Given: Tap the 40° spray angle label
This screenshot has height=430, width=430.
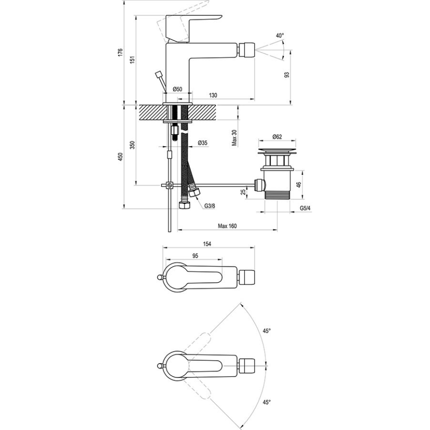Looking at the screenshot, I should [x=280, y=36].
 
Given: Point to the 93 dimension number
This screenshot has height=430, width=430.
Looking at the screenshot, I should [x=286, y=75].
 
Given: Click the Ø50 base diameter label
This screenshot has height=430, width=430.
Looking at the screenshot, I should [x=177, y=89].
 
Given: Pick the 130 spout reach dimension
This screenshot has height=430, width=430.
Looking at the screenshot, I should [x=212, y=95].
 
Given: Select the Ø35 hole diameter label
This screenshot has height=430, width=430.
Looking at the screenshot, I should [x=202, y=143].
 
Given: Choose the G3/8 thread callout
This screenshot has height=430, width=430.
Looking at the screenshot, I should [x=210, y=206].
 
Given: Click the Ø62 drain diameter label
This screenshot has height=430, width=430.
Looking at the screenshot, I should [x=277, y=136].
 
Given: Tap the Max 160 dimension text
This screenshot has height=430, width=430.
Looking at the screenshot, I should [x=227, y=226].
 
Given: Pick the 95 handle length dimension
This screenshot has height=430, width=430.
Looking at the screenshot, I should [x=195, y=256].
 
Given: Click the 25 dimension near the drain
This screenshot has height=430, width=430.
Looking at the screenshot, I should [x=242, y=192].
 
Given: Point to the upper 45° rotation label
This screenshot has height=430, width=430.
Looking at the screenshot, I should [x=267, y=331].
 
